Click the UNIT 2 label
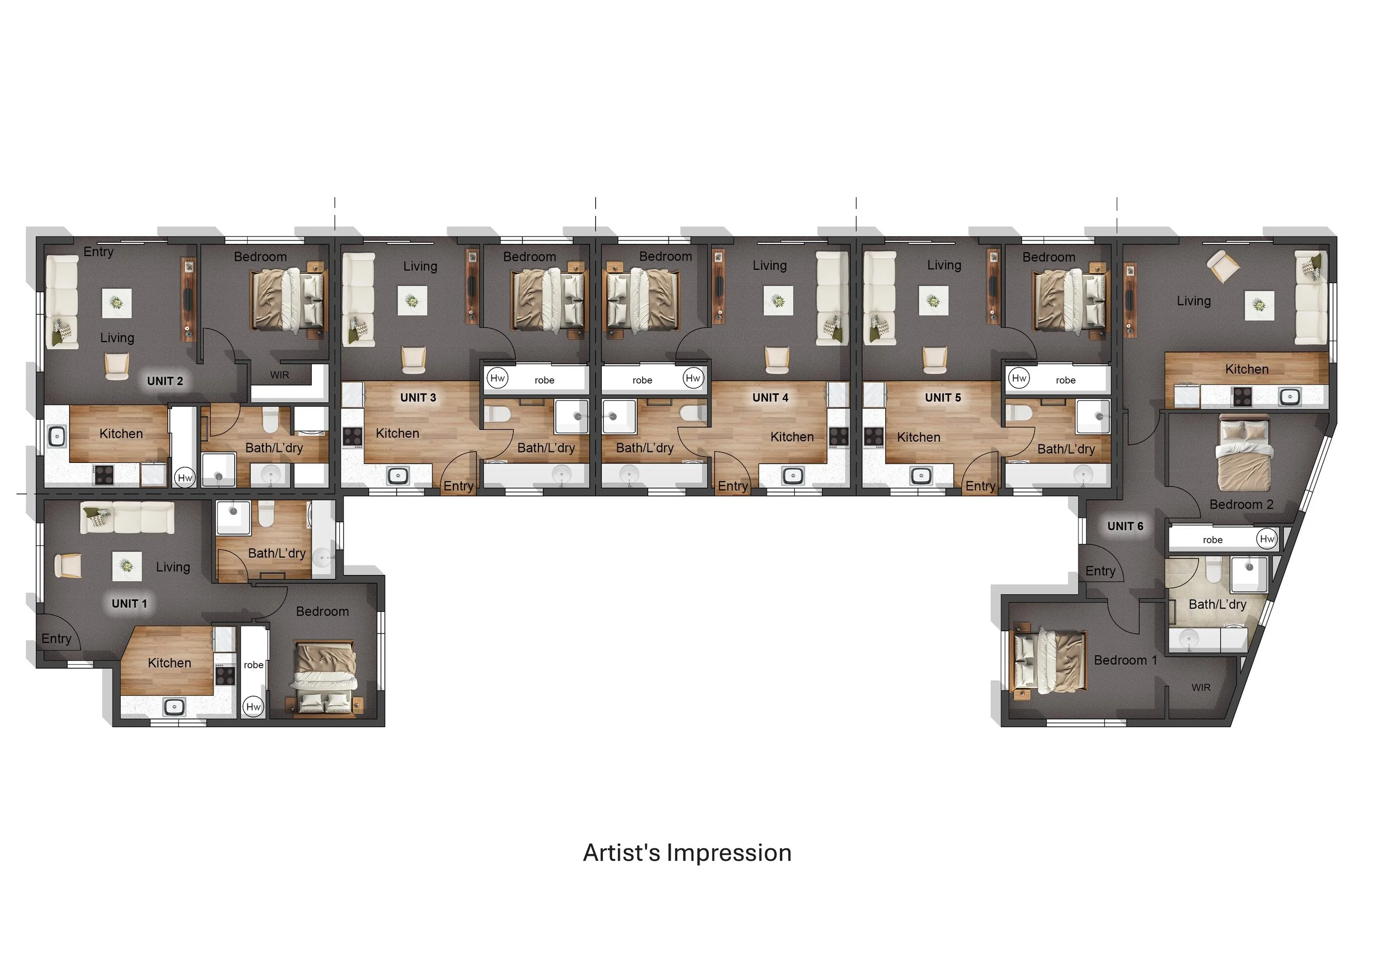tap(164, 381)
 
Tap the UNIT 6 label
tap(1125, 526)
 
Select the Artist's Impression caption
tap(687, 853)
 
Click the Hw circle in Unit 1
tap(253, 706)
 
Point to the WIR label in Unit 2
tap(279, 375)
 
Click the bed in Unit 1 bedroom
tap(325, 678)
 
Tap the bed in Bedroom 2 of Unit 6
tap(1244, 454)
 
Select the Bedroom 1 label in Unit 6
tap(1125, 660)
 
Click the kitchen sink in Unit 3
tap(398, 476)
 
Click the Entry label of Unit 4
tap(732, 486)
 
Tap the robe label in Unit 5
tap(1066, 380)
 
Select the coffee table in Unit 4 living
tap(778, 300)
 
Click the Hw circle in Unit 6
tap(1266, 539)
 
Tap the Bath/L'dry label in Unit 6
tap(1217, 604)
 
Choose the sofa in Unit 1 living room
tap(127, 517)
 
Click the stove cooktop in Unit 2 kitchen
tap(103, 475)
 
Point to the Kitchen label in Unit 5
tap(918, 438)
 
